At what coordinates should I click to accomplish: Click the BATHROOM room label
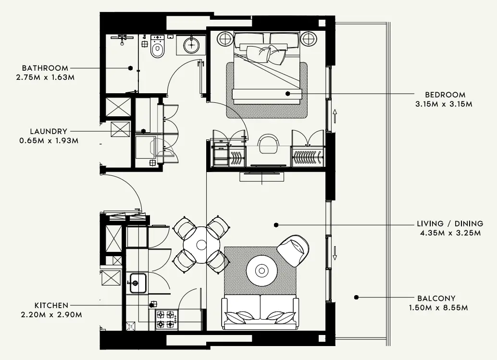tap(45, 68)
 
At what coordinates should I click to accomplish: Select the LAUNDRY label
tap(48, 131)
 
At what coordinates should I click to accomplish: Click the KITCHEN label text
tap(51, 306)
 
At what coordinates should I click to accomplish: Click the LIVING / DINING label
tap(450, 224)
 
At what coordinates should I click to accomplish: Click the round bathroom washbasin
tap(191, 45)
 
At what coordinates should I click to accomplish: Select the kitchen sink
tap(137, 283)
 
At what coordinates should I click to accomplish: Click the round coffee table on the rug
tap(262, 270)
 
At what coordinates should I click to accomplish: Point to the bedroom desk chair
tap(269, 142)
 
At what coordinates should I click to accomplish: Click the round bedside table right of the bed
tap(308, 38)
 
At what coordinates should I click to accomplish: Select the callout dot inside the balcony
tap(356, 298)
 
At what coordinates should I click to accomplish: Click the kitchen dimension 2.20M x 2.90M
tap(51, 315)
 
